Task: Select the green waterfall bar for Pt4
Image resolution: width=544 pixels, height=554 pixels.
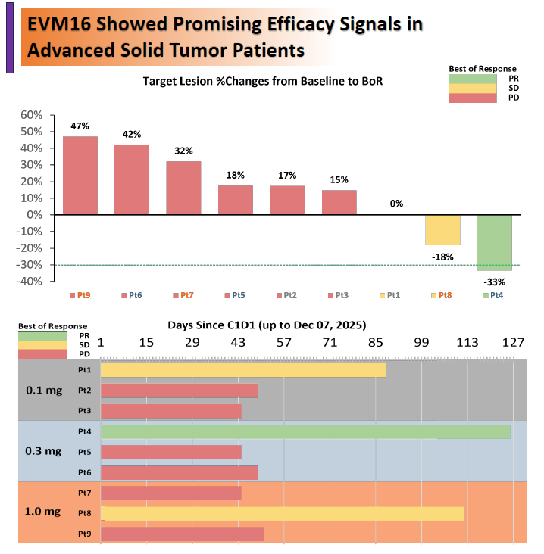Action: coord(494,242)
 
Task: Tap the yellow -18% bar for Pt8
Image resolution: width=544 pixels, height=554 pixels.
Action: coord(442,229)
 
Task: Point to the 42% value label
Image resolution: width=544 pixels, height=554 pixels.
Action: coord(132,134)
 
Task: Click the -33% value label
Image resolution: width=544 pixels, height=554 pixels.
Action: coord(494,282)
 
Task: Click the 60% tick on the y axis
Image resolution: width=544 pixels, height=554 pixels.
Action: coord(31,115)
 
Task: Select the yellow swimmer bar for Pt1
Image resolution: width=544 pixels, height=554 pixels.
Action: coord(242,369)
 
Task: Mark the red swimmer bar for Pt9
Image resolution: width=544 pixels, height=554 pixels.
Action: coord(182,534)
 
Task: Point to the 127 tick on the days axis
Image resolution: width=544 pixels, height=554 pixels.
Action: coord(513,343)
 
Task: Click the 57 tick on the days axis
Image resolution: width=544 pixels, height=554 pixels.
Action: coord(283,343)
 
